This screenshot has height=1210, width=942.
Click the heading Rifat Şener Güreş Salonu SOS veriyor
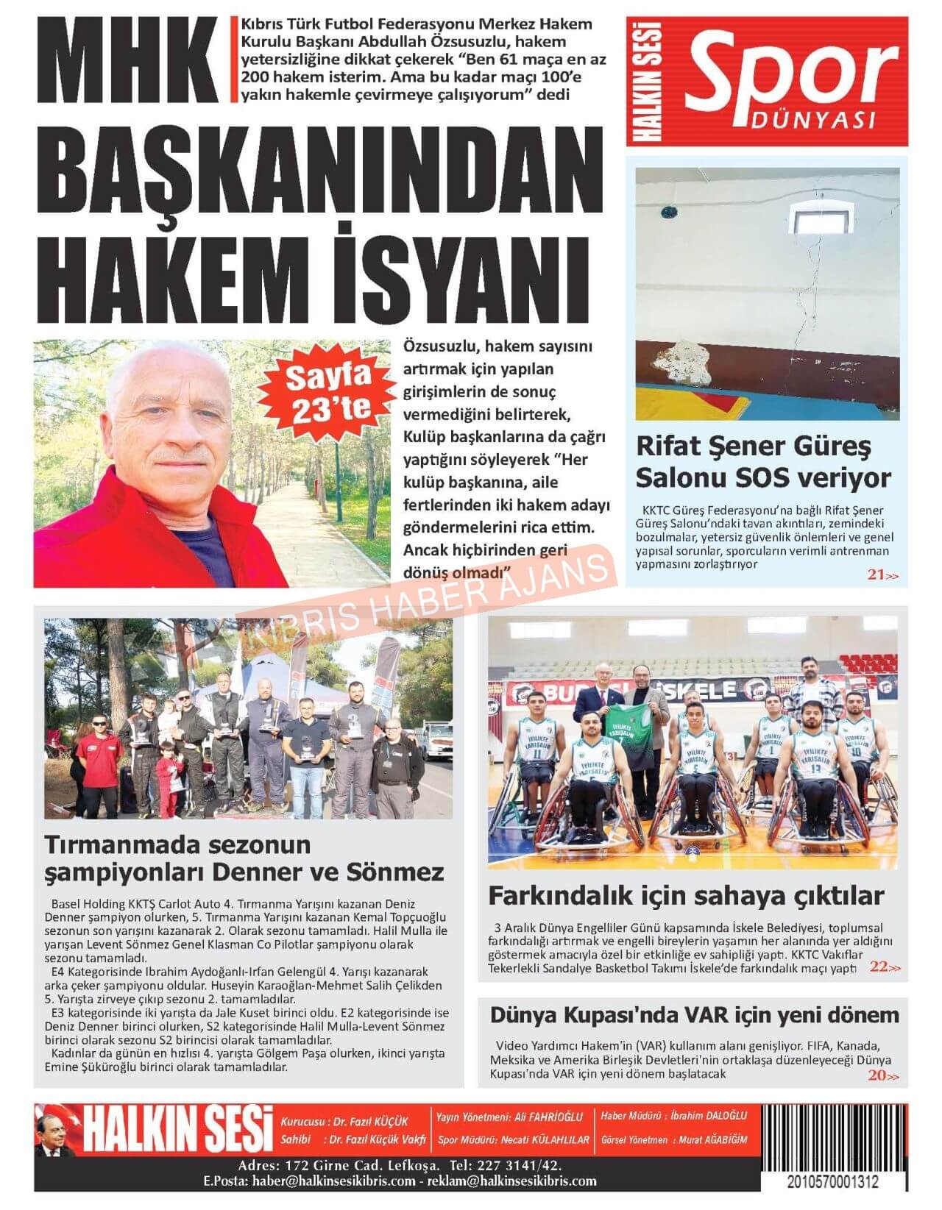(762, 462)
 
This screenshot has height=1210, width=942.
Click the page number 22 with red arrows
(884, 967)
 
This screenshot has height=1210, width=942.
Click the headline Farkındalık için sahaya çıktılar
(686, 896)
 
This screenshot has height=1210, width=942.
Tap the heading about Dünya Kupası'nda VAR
(694, 1015)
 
